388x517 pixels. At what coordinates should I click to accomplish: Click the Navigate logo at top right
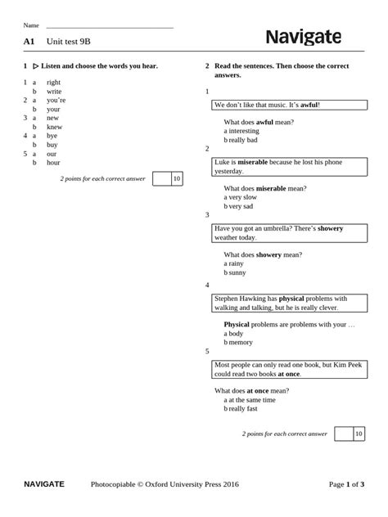click(x=314, y=38)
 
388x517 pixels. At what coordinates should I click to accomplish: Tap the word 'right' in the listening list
click(x=54, y=83)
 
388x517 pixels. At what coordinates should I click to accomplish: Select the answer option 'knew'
click(x=54, y=127)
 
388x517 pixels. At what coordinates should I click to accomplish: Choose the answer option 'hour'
click(x=53, y=163)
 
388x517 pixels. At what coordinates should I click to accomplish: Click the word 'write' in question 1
click(x=54, y=92)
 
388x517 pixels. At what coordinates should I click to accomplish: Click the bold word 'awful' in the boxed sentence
click(x=309, y=106)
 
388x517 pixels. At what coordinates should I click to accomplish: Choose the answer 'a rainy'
click(x=235, y=263)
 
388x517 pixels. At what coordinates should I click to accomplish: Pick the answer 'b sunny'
click(x=237, y=272)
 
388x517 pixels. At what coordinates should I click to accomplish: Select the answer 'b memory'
click(x=240, y=342)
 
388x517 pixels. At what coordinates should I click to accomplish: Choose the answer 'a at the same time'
click(x=251, y=400)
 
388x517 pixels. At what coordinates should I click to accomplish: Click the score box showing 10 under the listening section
click(x=177, y=178)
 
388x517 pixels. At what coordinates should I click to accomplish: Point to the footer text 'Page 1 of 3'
click(x=347, y=484)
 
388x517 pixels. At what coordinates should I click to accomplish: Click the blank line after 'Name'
click(x=110, y=26)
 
